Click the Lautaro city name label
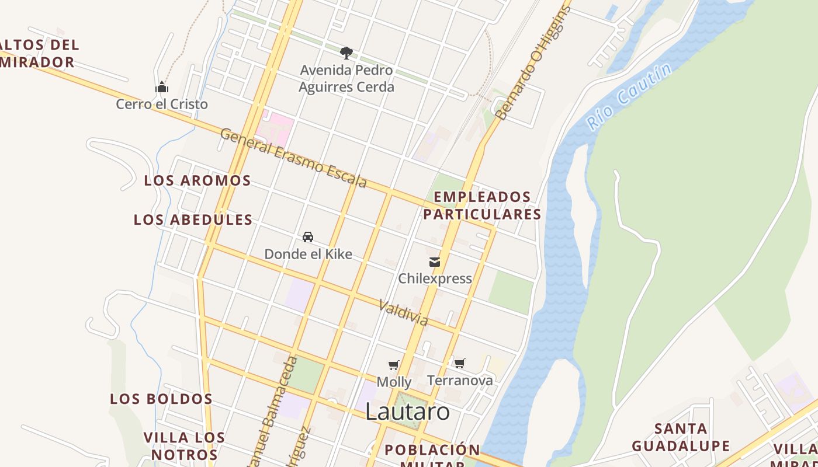[407, 412]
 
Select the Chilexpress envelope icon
[435, 262]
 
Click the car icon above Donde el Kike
[308, 237]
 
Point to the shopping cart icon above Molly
[394, 365]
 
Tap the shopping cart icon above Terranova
[460, 364]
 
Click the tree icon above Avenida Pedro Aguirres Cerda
[346, 53]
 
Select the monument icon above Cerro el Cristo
[162, 88]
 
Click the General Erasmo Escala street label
[294, 158]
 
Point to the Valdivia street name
[403, 313]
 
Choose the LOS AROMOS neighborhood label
[197, 181]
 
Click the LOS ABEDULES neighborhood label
[193, 220]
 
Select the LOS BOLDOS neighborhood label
[161, 399]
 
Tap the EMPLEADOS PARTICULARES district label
[482, 205]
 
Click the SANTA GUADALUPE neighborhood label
[681, 437]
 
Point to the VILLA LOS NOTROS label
[184, 446]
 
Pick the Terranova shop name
[460, 381]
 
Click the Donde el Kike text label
[308, 254]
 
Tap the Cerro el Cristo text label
[162, 104]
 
